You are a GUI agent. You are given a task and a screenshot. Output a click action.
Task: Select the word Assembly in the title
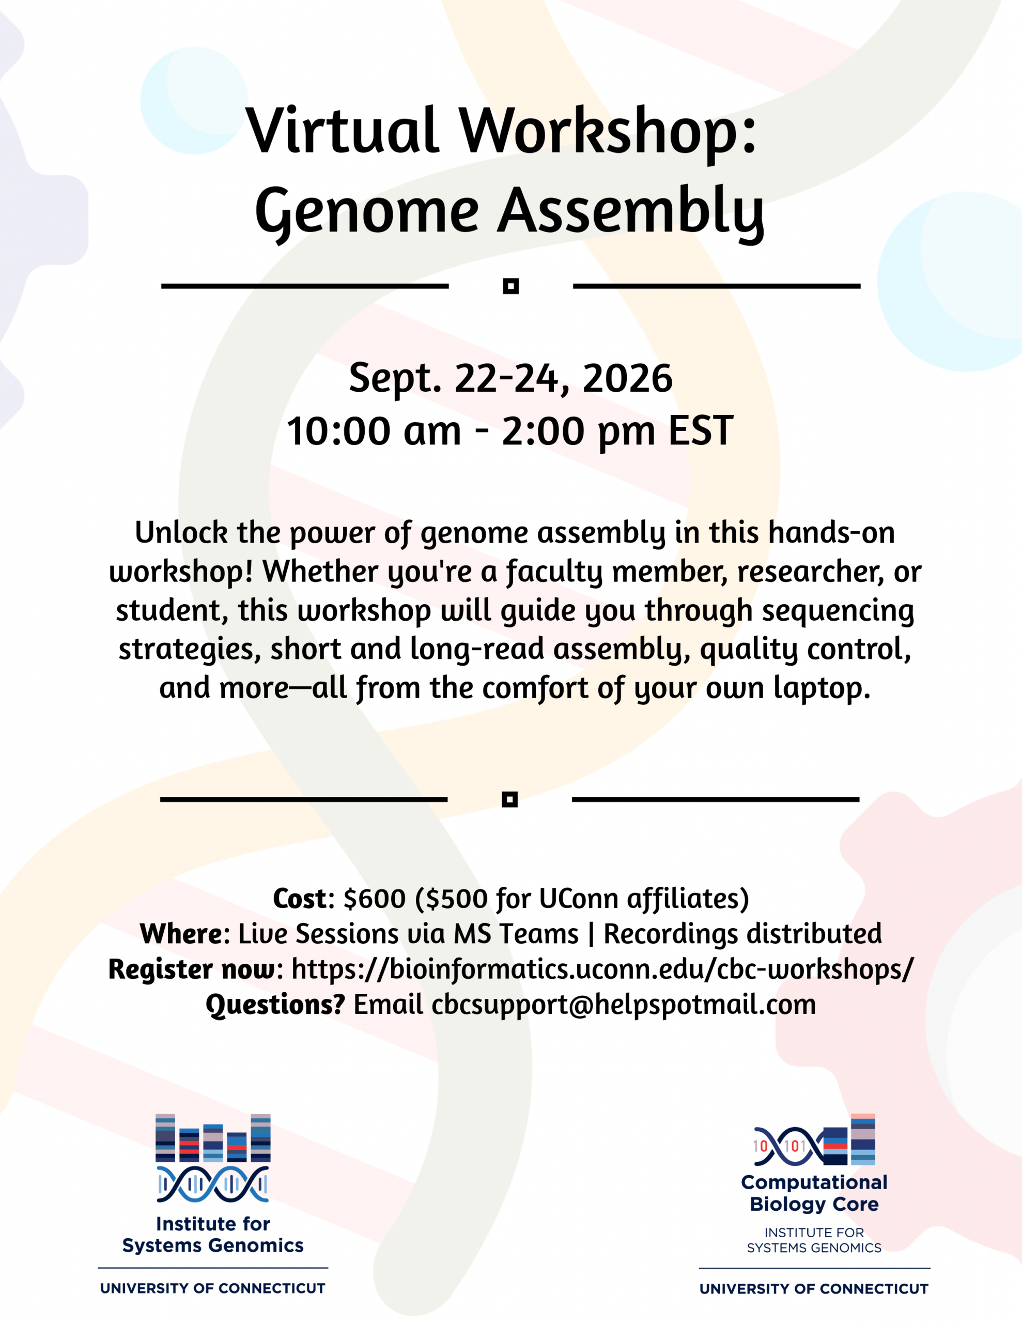pos(631,212)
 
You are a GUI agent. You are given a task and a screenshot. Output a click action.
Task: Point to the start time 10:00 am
pos(374,432)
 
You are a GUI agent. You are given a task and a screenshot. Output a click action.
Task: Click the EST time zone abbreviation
pos(701,432)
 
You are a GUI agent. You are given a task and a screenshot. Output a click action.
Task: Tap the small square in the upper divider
pos(510,286)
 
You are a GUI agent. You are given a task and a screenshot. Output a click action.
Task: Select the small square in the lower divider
pos(509,799)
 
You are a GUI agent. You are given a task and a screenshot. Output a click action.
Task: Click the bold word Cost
pos(300,898)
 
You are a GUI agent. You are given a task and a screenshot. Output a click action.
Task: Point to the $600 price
pos(375,898)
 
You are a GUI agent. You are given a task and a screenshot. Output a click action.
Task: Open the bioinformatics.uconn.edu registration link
pos(602,969)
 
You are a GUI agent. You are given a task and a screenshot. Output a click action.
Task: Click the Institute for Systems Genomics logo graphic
pos(213,1158)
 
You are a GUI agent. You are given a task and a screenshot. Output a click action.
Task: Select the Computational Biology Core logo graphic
pos(814,1140)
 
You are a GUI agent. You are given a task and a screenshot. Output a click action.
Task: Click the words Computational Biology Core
pos(814,1193)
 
